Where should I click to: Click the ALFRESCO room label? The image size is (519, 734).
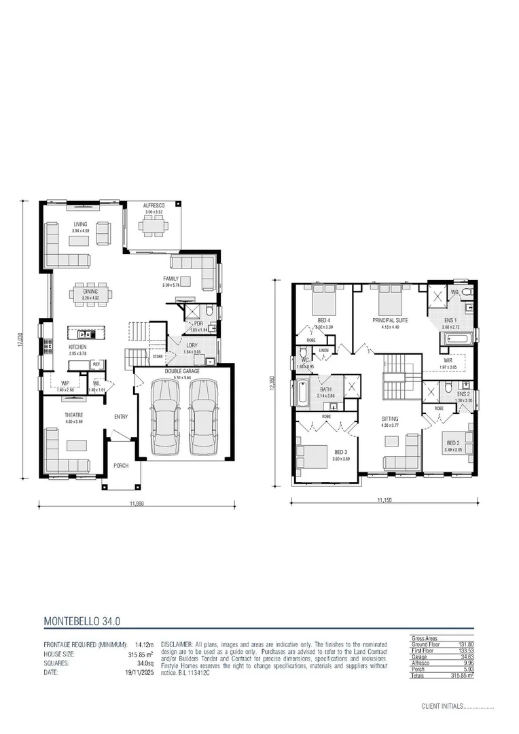pos(154,205)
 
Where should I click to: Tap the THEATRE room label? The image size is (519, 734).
pos(73,415)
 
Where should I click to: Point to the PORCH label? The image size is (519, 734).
pos(121,466)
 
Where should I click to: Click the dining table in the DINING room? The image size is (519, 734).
pos(90,294)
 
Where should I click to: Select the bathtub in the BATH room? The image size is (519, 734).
pos(302,393)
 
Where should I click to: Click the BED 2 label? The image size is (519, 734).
pos(453,442)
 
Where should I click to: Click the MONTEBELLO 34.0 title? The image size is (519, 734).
pos(82,621)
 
